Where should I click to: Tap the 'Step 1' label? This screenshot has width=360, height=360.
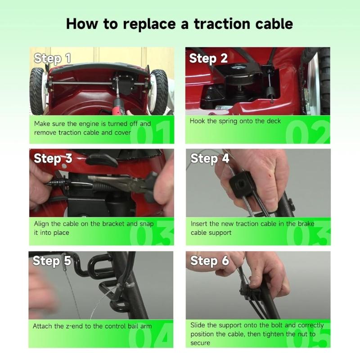pyautogui.click(x=53, y=58)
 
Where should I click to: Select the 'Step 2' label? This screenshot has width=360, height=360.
pyautogui.click(x=208, y=58)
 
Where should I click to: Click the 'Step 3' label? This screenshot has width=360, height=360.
pyautogui.click(x=53, y=159)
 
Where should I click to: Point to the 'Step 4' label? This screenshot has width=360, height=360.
pyautogui.click(x=210, y=159)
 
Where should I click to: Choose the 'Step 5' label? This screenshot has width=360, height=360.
pyautogui.click(x=52, y=261)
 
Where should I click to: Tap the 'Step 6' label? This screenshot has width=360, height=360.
pyautogui.click(x=210, y=261)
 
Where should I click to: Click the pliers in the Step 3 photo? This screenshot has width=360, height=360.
pyautogui.click(x=130, y=182)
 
